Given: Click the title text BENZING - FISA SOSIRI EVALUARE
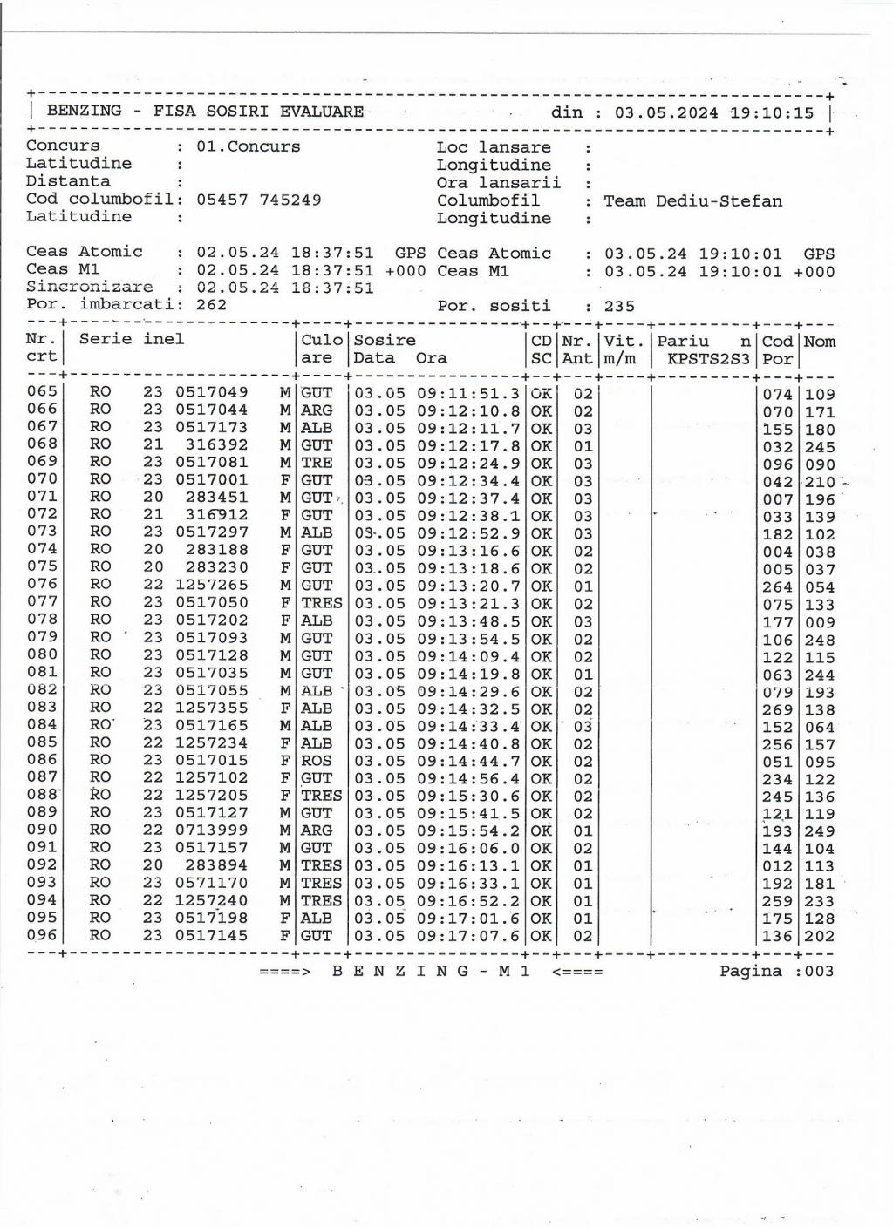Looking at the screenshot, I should [x=205, y=112].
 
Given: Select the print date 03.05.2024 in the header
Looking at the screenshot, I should [x=666, y=112].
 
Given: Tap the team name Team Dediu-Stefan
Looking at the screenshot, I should [x=692, y=201].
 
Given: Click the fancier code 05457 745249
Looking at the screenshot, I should [x=258, y=200].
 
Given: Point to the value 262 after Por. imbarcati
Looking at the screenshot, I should [x=211, y=305].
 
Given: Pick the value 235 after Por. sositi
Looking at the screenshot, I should [x=619, y=306].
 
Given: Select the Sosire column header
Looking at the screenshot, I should [x=385, y=340].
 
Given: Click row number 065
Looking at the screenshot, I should [x=42, y=391].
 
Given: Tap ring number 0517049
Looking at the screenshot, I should [x=211, y=393].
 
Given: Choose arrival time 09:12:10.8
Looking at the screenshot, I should [x=468, y=410].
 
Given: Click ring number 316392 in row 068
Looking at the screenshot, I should [x=216, y=445].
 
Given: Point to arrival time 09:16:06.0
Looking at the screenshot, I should [x=468, y=848].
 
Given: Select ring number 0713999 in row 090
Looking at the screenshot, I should [x=211, y=830].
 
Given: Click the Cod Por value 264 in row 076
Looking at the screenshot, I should [x=777, y=586].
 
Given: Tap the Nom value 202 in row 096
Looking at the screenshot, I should [x=820, y=937].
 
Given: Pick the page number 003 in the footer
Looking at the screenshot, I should [x=819, y=971].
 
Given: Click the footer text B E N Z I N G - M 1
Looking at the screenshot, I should [x=431, y=971].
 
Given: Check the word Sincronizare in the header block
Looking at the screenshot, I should [x=89, y=287].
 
